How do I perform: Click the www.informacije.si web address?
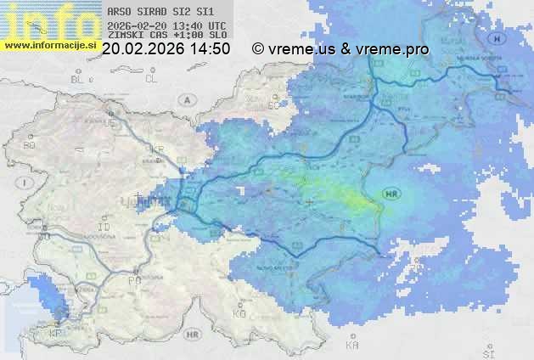[x=50, y=44]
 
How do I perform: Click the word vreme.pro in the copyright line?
[x=396, y=49]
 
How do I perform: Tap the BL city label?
[x=79, y=79]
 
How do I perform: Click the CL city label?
[x=152, y=79]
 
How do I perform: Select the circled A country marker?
[x=186, y=99]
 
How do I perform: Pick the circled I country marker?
[x=26, y=183]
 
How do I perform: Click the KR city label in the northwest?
[x=156, y=149]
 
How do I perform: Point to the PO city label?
[x=133, y=279]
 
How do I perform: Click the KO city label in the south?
[x=239, y=313]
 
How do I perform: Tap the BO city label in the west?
[x=29, y=145]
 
